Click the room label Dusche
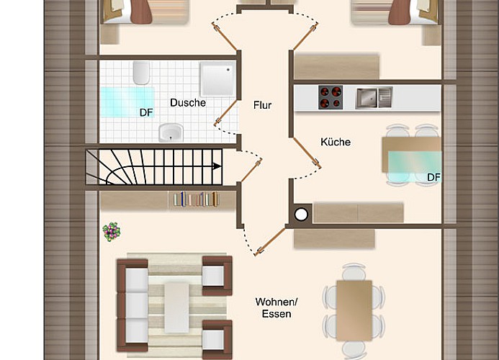pyautogui.click(x=188, y=102)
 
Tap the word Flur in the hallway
pyautogui.click(x=263, y=105)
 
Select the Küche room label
pyautogui.click(x=336, y=142)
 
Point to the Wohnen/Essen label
pyautogui.click(x=277, y=307)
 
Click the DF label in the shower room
pyautogui.click(x=146, y=112)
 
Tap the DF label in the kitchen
pyautogui.click(x=433, y=177)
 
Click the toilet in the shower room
pyautogui.click(x=141, y=73)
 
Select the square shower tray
pyautogui.click(x=217, y=79)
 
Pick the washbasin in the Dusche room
pyautogui.click(x=171, y=132)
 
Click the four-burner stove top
pyautogui.click(x=331, y=97)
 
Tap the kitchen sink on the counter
pyautogui.click(x=374, y=98)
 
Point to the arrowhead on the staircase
pyautogui.click(x=217, y=166)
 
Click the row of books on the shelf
pyautogui.click(x=196, y=199)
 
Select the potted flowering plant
pyautogui.click(x=112, y=231)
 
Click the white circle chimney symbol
pyautogui.click(x=301, y=215)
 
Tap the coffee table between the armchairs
pyautogui.click(x=176, y=307)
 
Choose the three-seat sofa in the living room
pyautogui.click(x=132, y=305)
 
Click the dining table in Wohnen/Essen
pyautogui.click(x=354, y=310)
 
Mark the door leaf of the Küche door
pyautogui.click(x=307, y=152)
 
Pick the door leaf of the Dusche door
pyautogui.click(x=226, y=112)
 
